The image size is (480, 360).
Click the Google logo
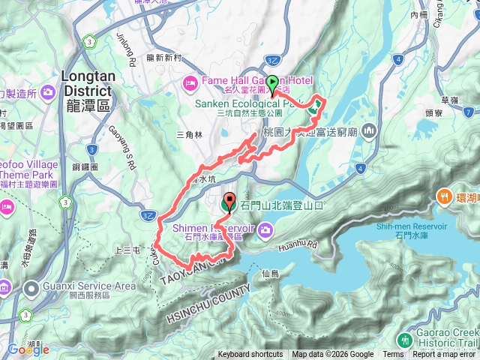[x=28, y=349]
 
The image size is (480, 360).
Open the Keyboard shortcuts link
[x=250, y=355]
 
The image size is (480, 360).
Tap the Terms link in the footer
[x=392, y=355]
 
